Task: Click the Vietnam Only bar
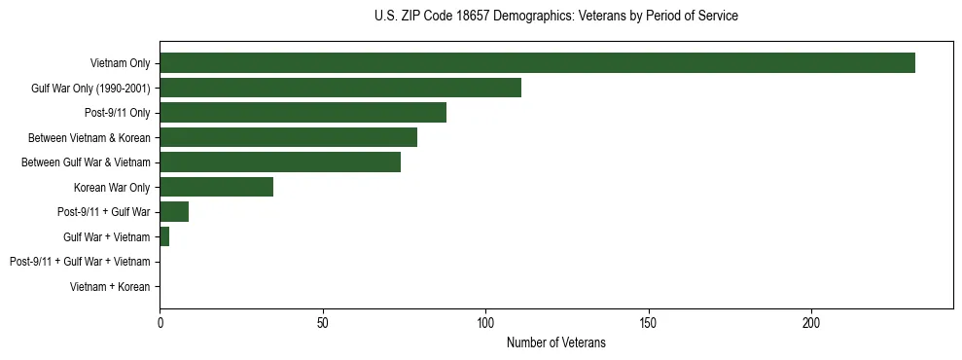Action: (537, 63)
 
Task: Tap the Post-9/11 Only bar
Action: (303, 113)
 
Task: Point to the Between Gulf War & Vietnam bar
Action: (280, 162)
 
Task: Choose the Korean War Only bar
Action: (216, 187)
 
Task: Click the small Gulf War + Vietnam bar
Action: (164, 236)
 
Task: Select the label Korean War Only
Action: (111, 188)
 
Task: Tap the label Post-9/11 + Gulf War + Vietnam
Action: (80, 262)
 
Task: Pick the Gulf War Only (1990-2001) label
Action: (90, 89)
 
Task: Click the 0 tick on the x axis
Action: (160, 322)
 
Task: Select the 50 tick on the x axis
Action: (323, 322)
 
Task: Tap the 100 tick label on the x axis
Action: (485, 322)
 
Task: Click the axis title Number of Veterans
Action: (555, 342)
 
